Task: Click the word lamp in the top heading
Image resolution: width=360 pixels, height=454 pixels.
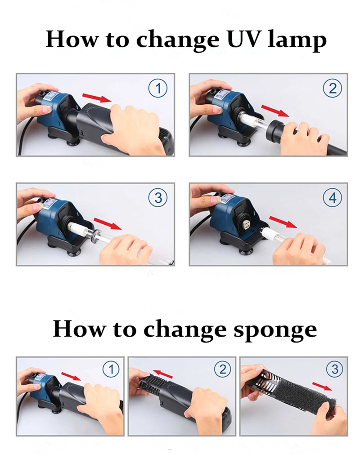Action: (297, 40)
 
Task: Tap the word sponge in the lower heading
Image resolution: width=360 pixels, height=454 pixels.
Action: (275, 330)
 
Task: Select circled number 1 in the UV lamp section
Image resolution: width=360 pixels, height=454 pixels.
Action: (158, 88)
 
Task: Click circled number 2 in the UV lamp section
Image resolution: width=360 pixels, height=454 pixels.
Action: (333, 88)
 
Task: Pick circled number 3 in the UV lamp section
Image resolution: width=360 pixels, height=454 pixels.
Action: (158, 198)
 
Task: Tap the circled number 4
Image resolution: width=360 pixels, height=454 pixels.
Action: (333, 198)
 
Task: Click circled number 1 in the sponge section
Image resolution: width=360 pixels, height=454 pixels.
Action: (111, 369)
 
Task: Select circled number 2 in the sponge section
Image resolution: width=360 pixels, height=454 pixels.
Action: (223, 369)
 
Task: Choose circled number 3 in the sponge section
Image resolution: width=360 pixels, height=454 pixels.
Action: (335, 369)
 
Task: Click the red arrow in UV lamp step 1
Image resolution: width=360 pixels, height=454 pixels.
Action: (97, 98)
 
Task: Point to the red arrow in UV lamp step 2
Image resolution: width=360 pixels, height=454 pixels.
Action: (275, 111)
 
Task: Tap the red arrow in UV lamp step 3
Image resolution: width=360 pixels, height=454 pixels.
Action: (108, 224)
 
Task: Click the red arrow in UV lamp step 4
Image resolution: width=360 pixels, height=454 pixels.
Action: (283, 222)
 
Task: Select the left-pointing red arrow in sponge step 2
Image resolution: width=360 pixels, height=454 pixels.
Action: (162, 374)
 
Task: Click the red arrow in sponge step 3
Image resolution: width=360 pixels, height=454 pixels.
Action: (322, 386)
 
